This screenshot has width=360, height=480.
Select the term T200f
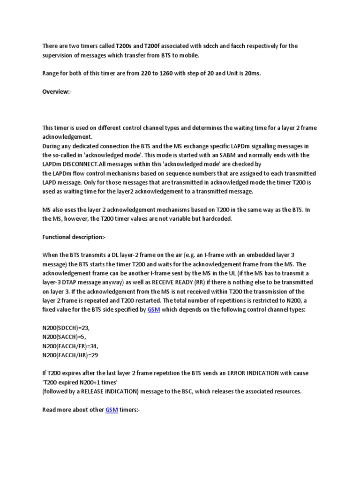149,46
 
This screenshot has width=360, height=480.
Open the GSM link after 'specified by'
154,310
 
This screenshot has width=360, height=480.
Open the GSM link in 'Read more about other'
111,409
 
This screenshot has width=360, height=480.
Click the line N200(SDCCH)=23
66,328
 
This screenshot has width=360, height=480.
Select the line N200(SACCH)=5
65,337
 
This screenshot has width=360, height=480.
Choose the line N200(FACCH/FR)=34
70,346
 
